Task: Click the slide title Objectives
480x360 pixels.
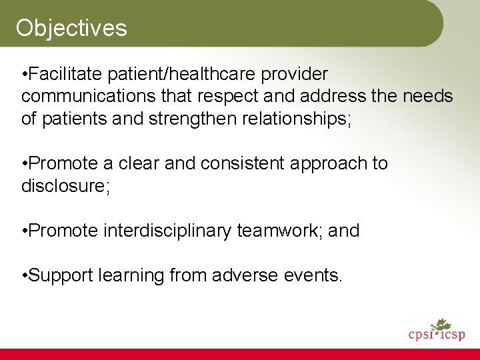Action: [x=71, y=28]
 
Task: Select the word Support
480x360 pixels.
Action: [x=64, y=275]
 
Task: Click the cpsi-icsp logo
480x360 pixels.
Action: [x=437, y=332]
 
